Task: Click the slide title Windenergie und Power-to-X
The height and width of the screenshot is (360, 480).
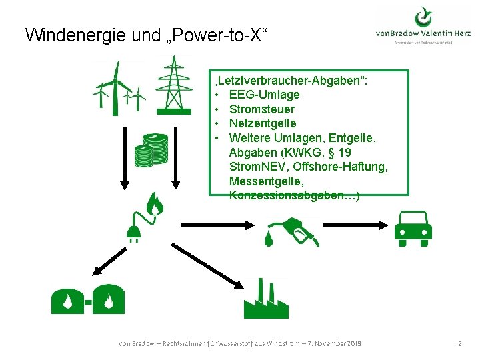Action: pos(147,35)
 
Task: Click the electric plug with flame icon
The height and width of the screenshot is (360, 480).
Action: pos(144,216)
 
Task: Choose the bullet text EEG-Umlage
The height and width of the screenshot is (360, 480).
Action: pos(264,95)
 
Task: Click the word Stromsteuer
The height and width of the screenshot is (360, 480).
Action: pos(261,109)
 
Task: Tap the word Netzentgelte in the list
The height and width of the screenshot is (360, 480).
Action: pos(263,123)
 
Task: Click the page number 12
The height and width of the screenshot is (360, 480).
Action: pos(458,343)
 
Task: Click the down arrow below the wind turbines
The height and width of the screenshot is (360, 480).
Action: pos(123,177)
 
